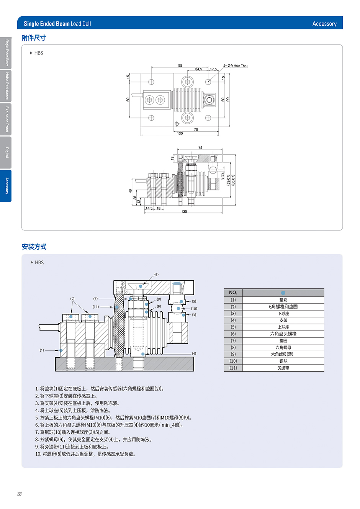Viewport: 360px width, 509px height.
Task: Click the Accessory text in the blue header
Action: pyautogui.click(x=324, y=24)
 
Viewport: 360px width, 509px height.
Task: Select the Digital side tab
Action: pyautogui.click(x=6, y=152)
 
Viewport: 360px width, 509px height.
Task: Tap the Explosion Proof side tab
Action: pyautogui.click(x=6, y=119)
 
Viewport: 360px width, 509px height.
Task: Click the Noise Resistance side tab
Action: pyautogui.click(x=6, y=86)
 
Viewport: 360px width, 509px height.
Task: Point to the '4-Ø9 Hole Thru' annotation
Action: pyautogui.click(x=235, y=66)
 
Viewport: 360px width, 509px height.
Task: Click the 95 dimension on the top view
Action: pyautogui.click(x=180, y=65)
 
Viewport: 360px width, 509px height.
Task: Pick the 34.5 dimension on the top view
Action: pyautogui.click(x=198, y=69)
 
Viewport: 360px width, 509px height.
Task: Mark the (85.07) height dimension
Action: pyautogui.click(x=233, y=180)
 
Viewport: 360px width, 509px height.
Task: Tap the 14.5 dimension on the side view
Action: pyautogui.click(x=149, y=209)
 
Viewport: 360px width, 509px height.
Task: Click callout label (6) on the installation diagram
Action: pyautogui.click(x=156, y=275)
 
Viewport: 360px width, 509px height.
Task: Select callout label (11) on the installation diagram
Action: pyautogui.click(x=96, y=307)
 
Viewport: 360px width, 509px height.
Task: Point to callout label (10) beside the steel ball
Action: pyautogui.click(x=194, y=309)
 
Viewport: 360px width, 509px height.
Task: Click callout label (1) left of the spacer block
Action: pyautogui.click(x=42, y=350)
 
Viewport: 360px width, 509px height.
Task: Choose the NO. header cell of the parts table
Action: pyautogui.click(x=233, y=293)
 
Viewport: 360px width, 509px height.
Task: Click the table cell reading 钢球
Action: pyautogui.click(x=283, y=361)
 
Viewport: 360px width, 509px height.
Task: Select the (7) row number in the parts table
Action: pyautogui.click(x=233, y=341)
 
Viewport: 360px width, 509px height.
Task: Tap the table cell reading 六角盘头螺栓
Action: pyautogui.click(x=283, y=334)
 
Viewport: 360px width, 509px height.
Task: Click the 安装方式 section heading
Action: pyautogui.click(x=34, y=247)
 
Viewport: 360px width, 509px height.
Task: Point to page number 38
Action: pyautogui.click(x=19, y=494)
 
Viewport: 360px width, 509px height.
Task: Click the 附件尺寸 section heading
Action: pyautogui.click(x=34, y=38)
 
